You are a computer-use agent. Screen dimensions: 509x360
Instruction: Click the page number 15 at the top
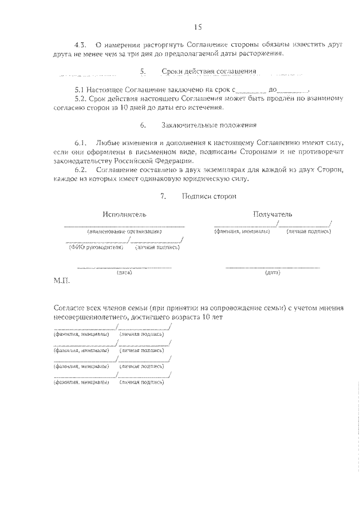coord(197,27)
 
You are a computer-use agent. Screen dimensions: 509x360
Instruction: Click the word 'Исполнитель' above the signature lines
coord(124,214)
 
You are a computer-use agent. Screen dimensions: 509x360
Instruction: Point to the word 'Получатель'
coord(272,214)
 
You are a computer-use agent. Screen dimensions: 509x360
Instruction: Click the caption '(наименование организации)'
coord(124,232)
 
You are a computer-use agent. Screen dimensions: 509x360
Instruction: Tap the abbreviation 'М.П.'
coord(61,280)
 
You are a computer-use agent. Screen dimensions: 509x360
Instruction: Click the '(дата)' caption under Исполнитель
coord(124,273)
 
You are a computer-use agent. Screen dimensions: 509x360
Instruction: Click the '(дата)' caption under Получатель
coord(273,273)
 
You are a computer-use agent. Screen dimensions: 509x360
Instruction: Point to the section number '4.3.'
coord(82,44)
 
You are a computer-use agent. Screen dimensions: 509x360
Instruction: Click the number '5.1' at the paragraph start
coord(79,89)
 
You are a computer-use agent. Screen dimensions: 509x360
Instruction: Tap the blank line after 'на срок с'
coord(250,90)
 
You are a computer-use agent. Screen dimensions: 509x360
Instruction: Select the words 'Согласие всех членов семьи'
coord(102,309)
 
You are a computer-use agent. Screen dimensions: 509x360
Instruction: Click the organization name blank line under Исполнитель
coord(124,226)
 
